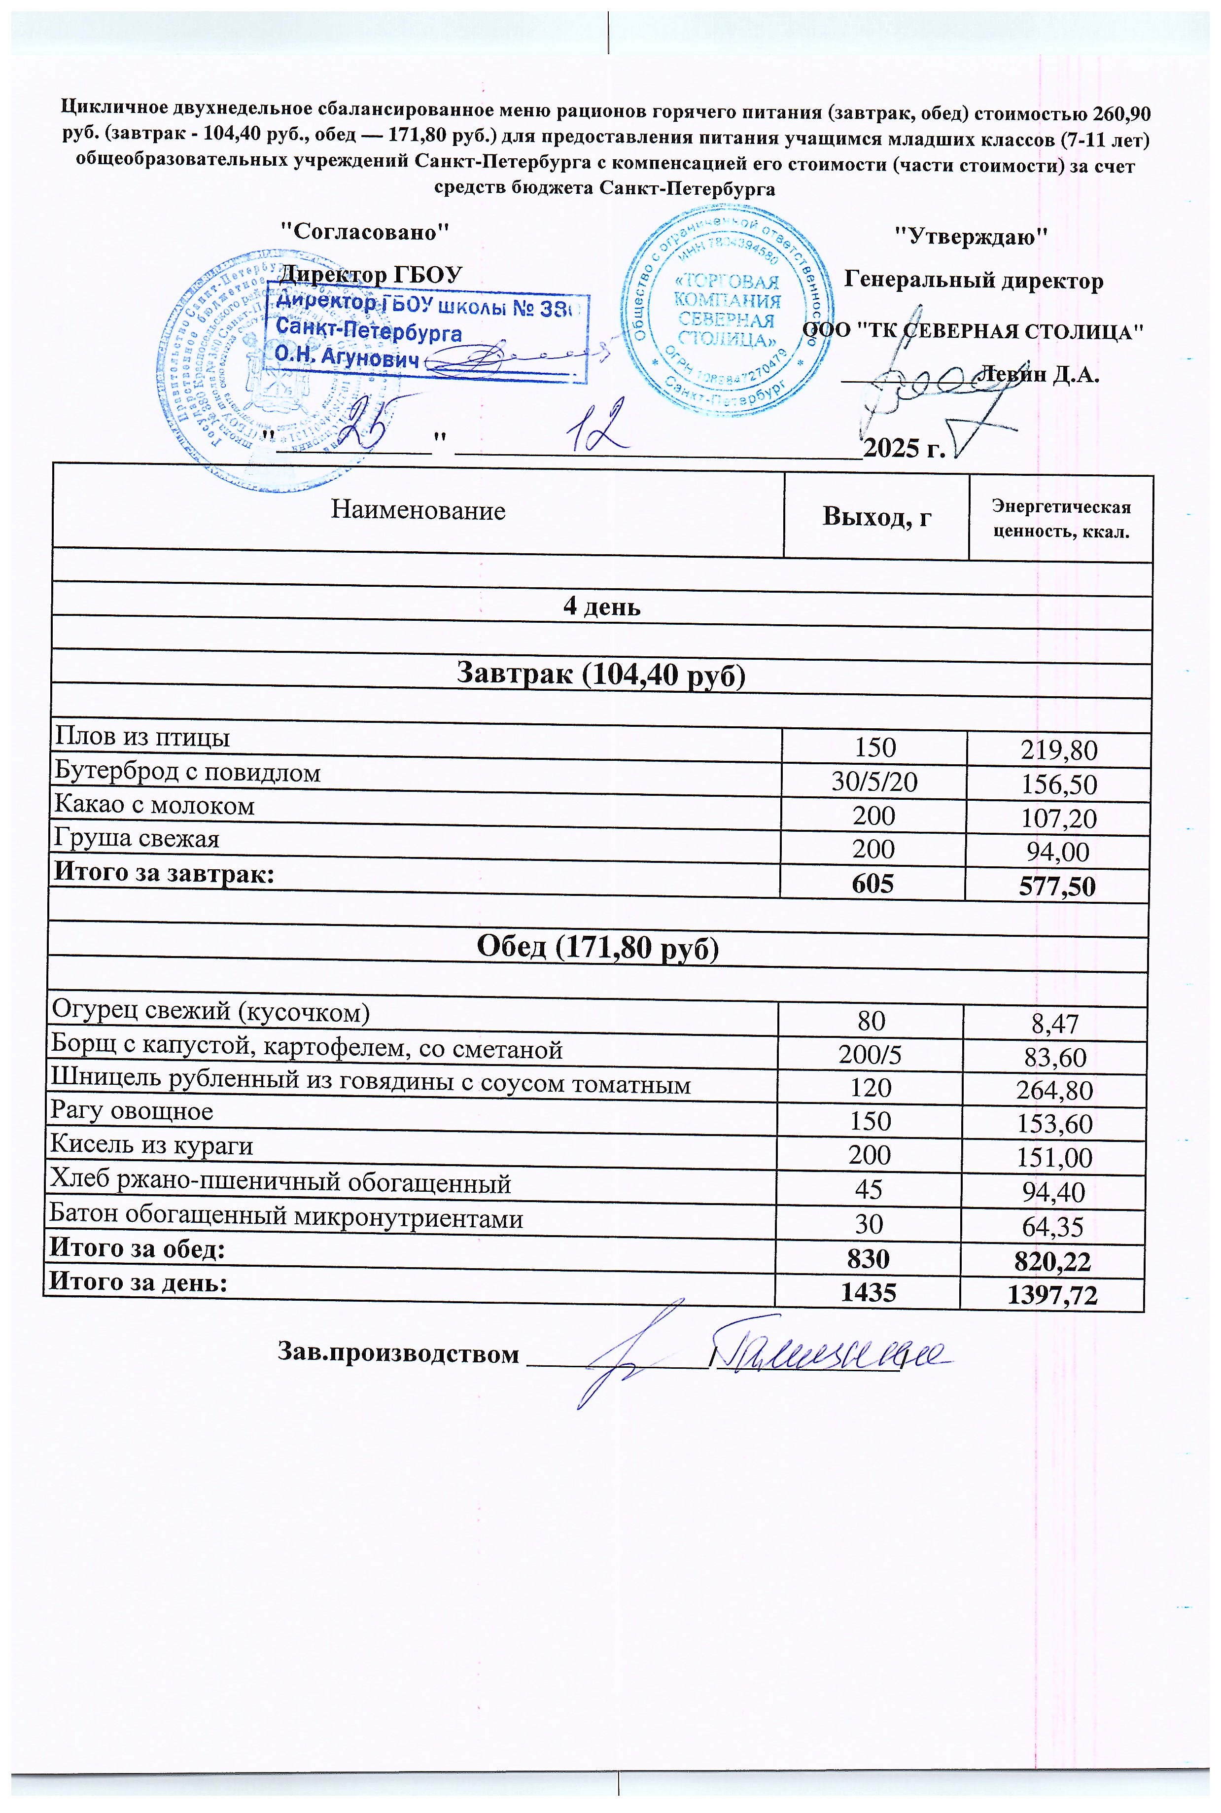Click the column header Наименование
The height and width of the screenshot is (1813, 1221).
(418, 511)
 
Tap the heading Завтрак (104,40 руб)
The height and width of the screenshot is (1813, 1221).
(600, 674)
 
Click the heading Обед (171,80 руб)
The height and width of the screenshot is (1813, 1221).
(597, 947)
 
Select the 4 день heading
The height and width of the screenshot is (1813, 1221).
(601, 606)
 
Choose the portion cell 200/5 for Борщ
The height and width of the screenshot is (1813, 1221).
(871, 1055)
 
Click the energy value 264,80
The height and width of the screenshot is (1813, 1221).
(1054, 1090)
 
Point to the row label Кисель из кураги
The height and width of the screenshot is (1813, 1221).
(153, 1145)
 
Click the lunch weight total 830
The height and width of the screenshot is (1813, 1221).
(869, 1259)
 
